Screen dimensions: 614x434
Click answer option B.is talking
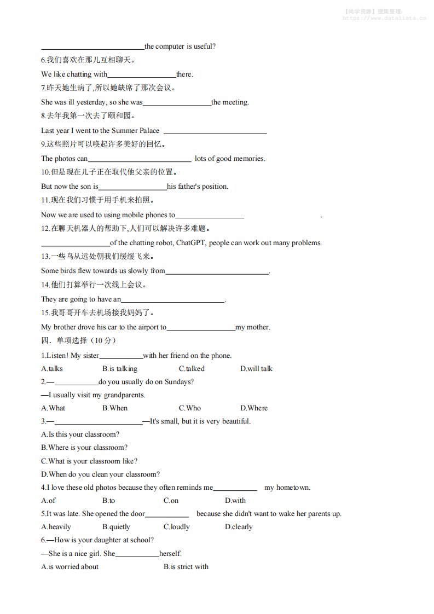tap(120, 369)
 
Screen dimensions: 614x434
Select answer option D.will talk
tap(256, 369)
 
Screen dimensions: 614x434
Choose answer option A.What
tap(53, 408)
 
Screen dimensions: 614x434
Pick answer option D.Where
tap(254, 408)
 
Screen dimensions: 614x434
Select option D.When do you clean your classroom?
tap(100, 474)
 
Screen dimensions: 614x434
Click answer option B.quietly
tap(116, 527)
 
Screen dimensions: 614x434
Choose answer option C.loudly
tap(176, 527)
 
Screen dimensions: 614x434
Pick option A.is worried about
tap(70, 567)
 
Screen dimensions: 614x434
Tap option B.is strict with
tap(186, 567)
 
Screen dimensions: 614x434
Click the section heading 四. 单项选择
tap(79, 340)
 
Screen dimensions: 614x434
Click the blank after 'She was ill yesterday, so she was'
tap(177, 103)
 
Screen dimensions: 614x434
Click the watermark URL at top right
tap(384, 18)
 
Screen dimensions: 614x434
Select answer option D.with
tap(235, 501)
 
